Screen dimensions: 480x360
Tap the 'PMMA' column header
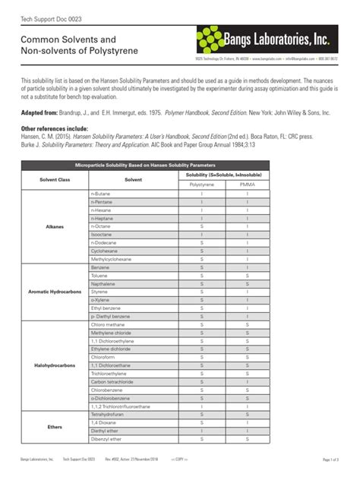coord(247,185)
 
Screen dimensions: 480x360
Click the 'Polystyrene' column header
coord(201,185)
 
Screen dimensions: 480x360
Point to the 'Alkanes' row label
coord(55,226)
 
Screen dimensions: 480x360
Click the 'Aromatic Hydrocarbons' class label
coord(55,292)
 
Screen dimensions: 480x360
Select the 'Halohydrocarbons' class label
coord(55,365)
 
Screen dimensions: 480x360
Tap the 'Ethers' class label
coord(55,427)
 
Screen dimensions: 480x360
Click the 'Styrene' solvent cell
coord(99,292)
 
